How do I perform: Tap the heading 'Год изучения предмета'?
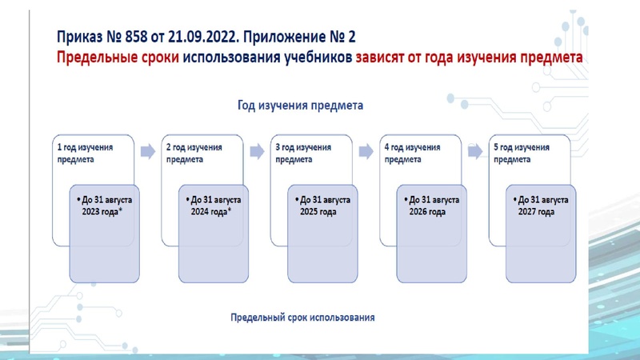(300, 105)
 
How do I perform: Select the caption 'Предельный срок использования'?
(302, 317)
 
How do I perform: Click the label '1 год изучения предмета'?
(85, 153)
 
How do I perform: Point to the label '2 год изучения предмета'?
(194, 153)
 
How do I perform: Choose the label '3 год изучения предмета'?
(302, 153)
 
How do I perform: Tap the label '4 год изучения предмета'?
(412, 153)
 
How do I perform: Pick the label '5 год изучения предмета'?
(521, 153)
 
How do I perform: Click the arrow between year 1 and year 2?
(147, 150)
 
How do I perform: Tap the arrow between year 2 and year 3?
(257, 150)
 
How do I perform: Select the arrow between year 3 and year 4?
(366, 150)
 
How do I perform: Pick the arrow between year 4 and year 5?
(474, 150)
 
